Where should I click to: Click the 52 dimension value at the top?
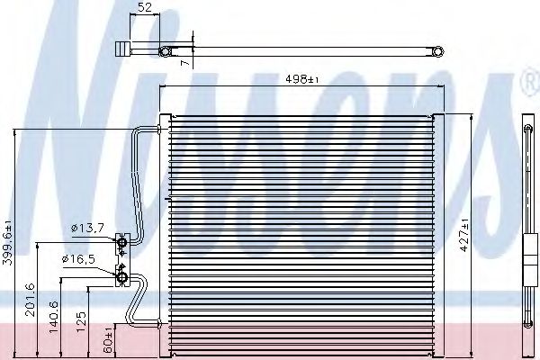tap(145, 9)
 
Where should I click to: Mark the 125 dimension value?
tap(82, 322)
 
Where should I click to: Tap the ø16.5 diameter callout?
tap(79, 259)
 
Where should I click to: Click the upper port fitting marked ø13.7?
tap(121, 240)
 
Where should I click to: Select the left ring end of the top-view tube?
tap(165, 51)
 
